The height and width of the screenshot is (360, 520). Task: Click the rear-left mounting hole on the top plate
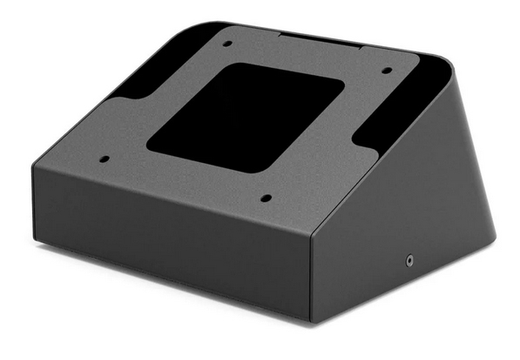pyautogui.click(x=227, y=43)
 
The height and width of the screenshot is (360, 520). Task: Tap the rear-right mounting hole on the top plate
pyautogui.click(x=386, y=73)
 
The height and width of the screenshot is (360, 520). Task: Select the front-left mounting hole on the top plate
pyautogui.click(x=105, y=160)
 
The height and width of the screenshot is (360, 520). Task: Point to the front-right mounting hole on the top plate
pyautogui.click(x=266, y=198)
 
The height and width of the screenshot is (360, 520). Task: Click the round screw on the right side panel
pyautogui.click(x=409, y=259)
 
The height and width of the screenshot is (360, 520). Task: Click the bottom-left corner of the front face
pyautogui.click(x=36, y=241)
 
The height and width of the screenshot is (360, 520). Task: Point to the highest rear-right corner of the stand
pyautogui.click(x=449, y=64)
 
